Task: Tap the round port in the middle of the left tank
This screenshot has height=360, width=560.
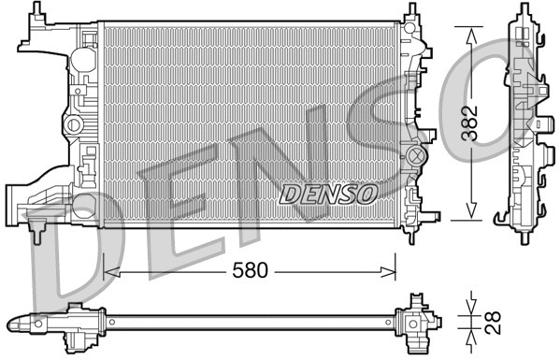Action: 72,124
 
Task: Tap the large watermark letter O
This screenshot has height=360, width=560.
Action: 512,103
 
